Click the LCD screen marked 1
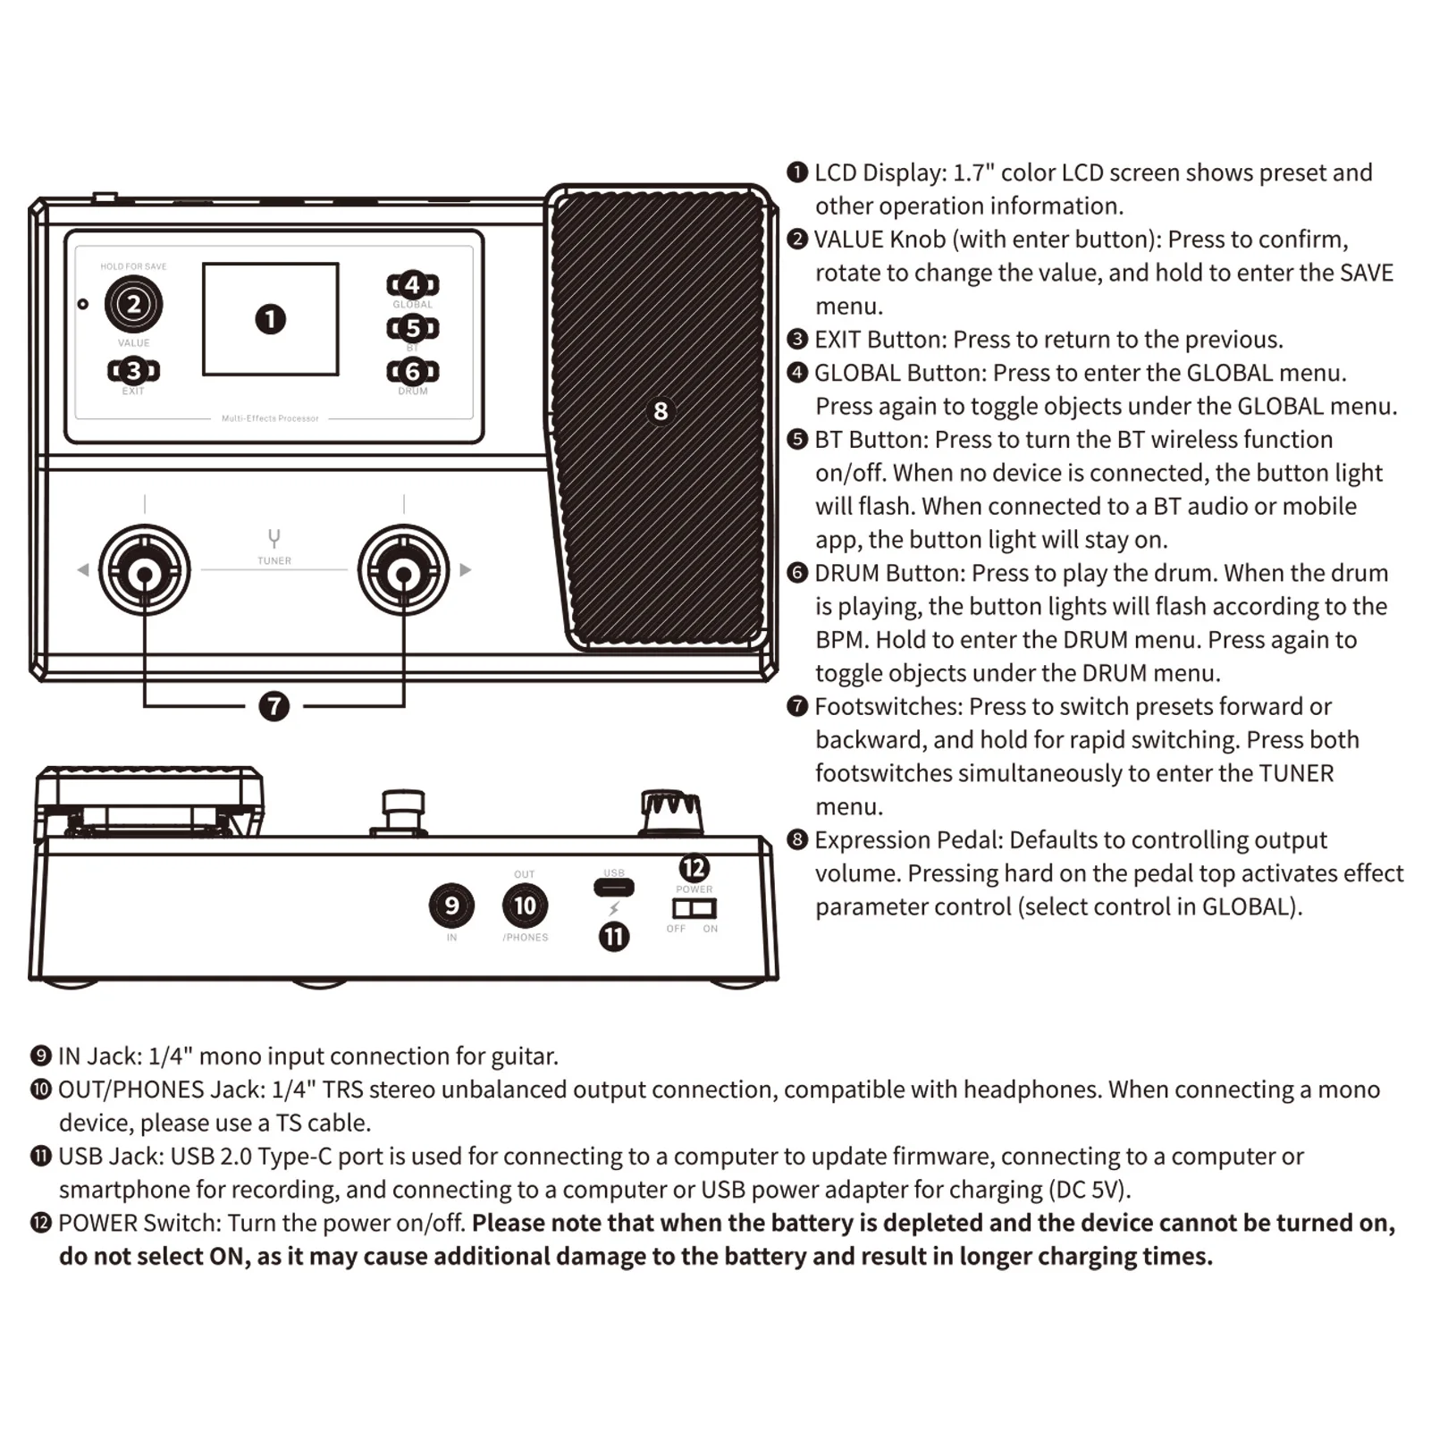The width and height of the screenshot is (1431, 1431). click(270, 319)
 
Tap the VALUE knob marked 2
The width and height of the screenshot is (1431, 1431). click(133, 304)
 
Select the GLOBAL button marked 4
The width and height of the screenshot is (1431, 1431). click(412, 285)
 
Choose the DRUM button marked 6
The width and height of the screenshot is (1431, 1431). click(412, 371)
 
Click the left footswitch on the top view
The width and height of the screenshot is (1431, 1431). click(144, 570)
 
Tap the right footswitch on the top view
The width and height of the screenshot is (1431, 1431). click(403, 570)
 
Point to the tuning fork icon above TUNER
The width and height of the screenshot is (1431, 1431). click(274, 538)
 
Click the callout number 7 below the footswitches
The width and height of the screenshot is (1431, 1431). click(274, 706)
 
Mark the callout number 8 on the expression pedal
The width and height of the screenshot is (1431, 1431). click(661, 411)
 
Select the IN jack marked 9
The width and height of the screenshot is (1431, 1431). click(451, 905)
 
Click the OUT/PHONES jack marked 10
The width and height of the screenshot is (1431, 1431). click(525, 905)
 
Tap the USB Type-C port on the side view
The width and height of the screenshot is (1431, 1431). click(614, 888)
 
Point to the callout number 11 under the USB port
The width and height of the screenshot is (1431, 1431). click(614, 937)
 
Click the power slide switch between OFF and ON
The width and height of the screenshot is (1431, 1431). click(694, 908)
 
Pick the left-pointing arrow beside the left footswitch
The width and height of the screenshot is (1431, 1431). click(83, 570)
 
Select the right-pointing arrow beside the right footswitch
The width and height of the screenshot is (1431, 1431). click(465, 570)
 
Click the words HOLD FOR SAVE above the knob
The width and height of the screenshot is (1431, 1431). click(133, 266)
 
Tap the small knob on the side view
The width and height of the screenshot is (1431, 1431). click(671, 811)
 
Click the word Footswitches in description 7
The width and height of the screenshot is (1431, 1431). click(888, 707)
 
